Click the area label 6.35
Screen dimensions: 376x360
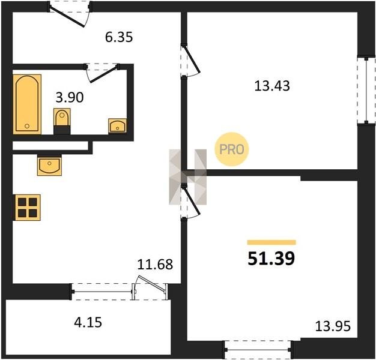[119, 37]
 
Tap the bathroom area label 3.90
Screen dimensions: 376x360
[70, 97]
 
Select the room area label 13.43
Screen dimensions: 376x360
[272, 86]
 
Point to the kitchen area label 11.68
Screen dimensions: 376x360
[155, 265]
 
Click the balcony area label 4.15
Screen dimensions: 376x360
[88, 322]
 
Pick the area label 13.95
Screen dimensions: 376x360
[333, 326]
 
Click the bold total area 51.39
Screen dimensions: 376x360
[271, 259]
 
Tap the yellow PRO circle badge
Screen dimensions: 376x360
[232, 149]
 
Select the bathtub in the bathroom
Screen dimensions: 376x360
[27, 104]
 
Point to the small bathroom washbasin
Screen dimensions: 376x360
[117, 125]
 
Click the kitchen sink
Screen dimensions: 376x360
[49, 165]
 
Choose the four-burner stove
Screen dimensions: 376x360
[28, 208]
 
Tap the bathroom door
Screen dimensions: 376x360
[102, 73]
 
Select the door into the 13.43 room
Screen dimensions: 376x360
[190, 61]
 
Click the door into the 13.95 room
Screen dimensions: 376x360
[190, 202]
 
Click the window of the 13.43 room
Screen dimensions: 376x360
[366, 91]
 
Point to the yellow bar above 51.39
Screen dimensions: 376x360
[271, 242]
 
